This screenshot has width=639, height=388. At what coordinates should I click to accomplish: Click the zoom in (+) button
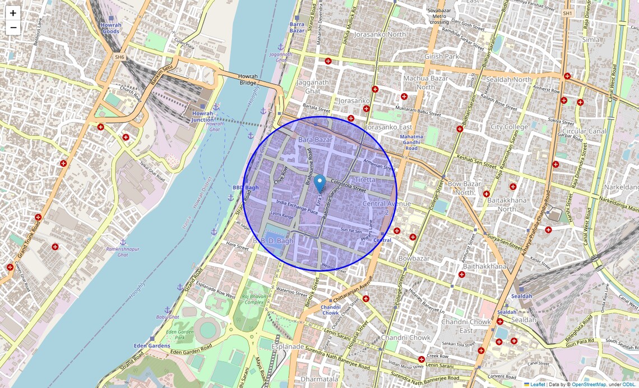[x=13, y=13]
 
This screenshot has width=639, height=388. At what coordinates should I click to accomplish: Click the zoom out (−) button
[x=13, y=28]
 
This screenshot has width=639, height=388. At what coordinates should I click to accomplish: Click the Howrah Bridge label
[x=247, y=79]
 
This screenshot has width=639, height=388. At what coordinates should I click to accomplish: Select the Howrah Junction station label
[x=202, y=116]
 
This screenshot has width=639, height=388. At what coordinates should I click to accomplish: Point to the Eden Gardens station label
[x=152, y=346]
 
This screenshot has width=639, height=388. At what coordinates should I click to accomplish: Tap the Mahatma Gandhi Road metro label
[x=411, y=142]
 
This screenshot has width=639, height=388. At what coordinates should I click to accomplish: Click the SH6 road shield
[x=119, y=57]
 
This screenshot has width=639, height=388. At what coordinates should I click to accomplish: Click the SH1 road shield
[x=568, y=13]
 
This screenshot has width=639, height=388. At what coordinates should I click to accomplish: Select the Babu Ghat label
[x=167, y=317]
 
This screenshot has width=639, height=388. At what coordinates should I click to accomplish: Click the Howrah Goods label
[x=110, y=28]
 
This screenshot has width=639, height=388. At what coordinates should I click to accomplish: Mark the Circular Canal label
[x=584, y=131]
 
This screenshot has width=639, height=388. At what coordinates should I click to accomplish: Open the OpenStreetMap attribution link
[x=589, y=385]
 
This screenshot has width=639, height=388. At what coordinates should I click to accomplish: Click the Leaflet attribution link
[x=538, y=385]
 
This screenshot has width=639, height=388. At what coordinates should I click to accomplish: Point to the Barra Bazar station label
[x=297, y=27]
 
